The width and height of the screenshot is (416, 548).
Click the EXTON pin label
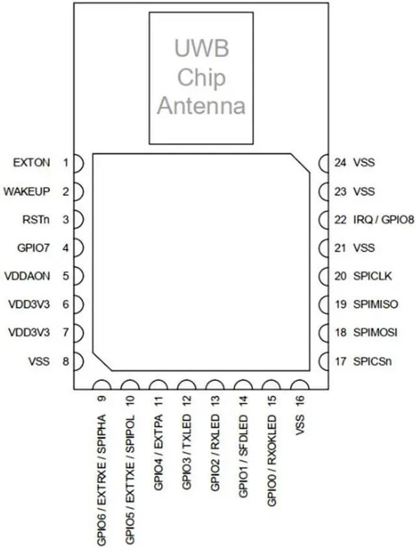tap(31, 163)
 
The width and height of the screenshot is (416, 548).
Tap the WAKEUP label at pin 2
tap(27, 192)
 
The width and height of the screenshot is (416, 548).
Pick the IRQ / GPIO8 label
tap(383, 220)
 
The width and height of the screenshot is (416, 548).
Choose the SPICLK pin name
tap(372, 276)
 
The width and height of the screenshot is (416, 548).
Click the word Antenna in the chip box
tap(201, 105)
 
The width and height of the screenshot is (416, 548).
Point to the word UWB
tap(201, 49)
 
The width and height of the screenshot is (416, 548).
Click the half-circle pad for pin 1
tap(79, 163)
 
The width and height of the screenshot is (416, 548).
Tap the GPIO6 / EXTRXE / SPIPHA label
tap(102, 478)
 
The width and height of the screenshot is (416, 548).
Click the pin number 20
tap(340, 276)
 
